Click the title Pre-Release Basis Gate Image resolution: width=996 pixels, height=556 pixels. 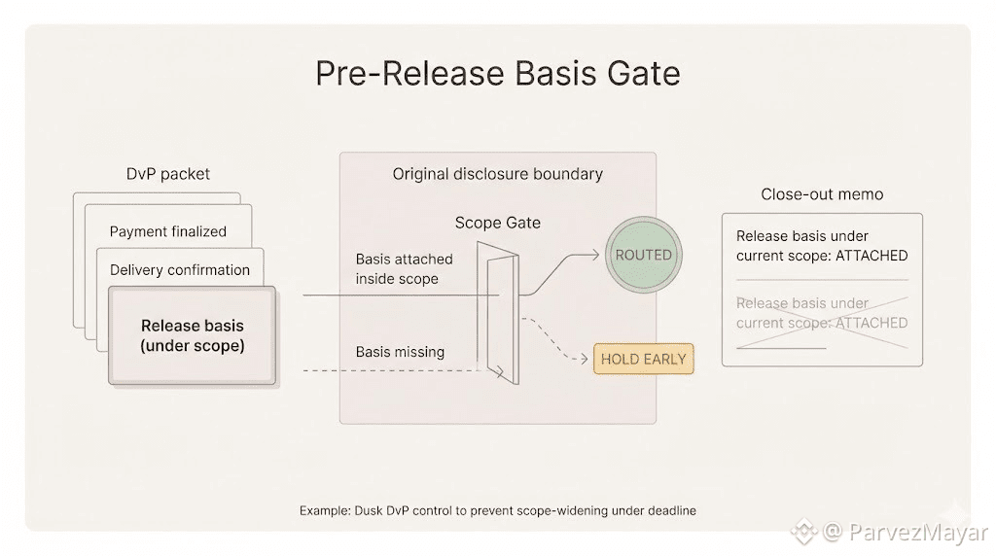coord(497,75)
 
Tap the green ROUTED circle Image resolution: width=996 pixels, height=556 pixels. coord(643,255)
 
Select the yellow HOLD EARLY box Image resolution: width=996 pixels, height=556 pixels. coord(643,359)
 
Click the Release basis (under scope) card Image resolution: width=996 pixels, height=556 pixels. coord(192,335)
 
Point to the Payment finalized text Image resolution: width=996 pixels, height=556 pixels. coord(167,231)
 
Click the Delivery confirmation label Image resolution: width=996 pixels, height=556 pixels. coord(179,269)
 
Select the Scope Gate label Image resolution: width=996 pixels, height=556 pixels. coord(497,223)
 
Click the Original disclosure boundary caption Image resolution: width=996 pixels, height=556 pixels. coord(497,174)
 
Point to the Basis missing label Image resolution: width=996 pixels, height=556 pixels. coord(400,352)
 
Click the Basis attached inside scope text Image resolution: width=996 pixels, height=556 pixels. coord(404,269)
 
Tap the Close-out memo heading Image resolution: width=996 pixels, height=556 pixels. coord(822,194)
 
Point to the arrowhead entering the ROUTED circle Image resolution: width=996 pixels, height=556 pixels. coord(595,256)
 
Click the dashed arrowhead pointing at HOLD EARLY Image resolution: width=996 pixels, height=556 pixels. coord(587,359)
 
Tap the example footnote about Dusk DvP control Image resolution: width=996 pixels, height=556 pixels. coord(497,510)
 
